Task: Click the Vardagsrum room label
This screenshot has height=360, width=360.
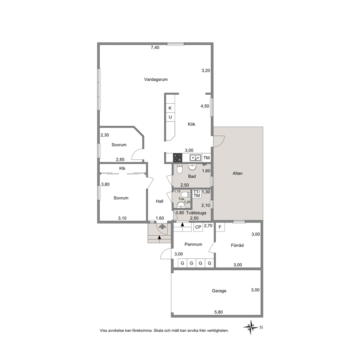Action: coord(156,79)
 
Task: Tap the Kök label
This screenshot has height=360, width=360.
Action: coord(192,124)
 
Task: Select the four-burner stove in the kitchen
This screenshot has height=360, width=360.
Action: coord(177,158)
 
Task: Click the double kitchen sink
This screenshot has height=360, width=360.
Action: coord(195,158)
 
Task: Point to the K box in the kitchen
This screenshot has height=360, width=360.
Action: coord(170,108)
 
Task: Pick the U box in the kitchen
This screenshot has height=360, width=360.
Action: coord(170,117)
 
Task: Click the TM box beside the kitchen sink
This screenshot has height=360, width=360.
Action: coord(206,158)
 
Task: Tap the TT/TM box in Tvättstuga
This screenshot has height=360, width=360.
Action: coord(197,194)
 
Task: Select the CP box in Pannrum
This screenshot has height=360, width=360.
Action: coord(198,227)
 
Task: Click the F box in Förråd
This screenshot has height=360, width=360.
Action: coord(220,227)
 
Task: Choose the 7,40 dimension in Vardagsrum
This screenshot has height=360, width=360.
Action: coord(155,48)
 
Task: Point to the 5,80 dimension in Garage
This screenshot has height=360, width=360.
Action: coord(218,312)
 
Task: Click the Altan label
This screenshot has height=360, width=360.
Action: coord(238,173)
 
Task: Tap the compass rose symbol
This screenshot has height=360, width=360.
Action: coord(251,327)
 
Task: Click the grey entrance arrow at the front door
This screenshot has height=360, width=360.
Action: coord(162,227)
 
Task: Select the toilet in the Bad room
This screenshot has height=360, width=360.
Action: coord(180,169)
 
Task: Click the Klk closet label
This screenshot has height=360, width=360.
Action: coord(122,168)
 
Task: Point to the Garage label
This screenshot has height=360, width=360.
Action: coord(219,291)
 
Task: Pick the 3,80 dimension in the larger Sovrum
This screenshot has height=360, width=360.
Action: coord(105,184)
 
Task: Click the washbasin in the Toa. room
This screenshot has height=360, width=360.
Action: coord(181,205)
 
